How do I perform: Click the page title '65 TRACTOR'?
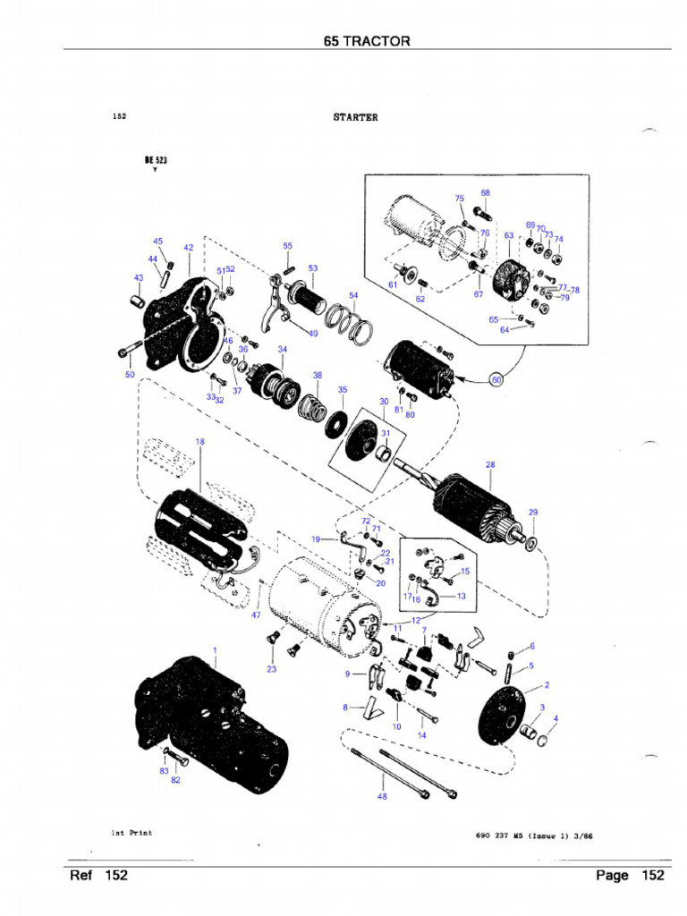[367, 41]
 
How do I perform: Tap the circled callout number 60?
[498, 379]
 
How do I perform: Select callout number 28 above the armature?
[490, 465]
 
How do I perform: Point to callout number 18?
[199, 442]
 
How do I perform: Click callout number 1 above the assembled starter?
[215, 649]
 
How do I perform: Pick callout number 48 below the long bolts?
[383, 796]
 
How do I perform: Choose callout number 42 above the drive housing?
[189, 248]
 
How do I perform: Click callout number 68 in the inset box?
[485, 192]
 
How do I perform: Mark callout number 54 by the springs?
[353, 295]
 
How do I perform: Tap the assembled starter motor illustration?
[210, 725]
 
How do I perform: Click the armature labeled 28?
[474, 505]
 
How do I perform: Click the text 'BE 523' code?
[156, 161]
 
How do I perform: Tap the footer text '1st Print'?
[131, 833]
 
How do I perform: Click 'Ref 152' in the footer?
[98, 875]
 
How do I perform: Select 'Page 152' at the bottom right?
[629, 875]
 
